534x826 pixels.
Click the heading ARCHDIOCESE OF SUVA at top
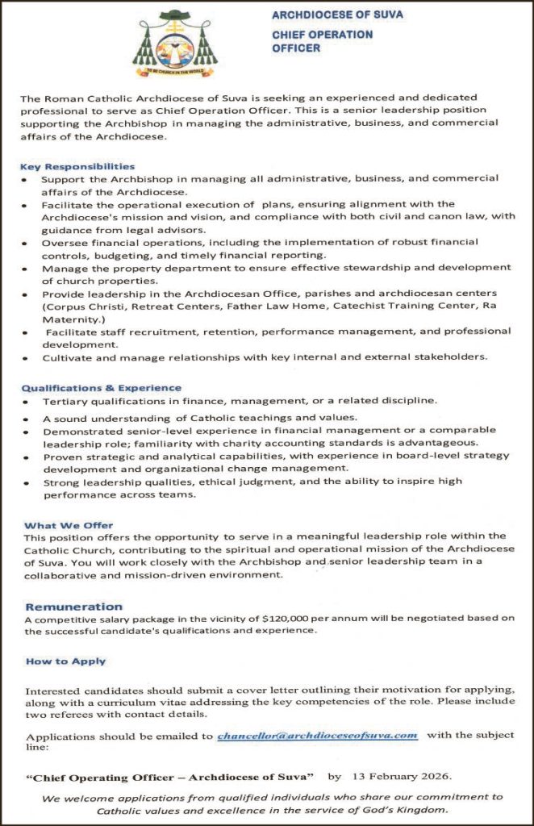(337, 15)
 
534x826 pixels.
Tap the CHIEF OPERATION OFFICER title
(322, 41)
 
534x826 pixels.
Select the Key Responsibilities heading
(77, 166)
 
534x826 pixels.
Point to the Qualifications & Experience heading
(102, 388)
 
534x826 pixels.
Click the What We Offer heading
(69, 525)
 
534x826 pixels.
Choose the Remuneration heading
(74, 607)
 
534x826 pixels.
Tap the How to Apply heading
(65, 661)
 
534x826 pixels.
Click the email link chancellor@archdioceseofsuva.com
(317, 735)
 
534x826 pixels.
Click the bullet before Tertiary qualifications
(27, 401)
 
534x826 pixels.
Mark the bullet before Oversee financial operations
(27, 242)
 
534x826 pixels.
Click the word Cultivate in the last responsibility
(67, 356)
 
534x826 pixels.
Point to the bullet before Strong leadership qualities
(27, 483)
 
